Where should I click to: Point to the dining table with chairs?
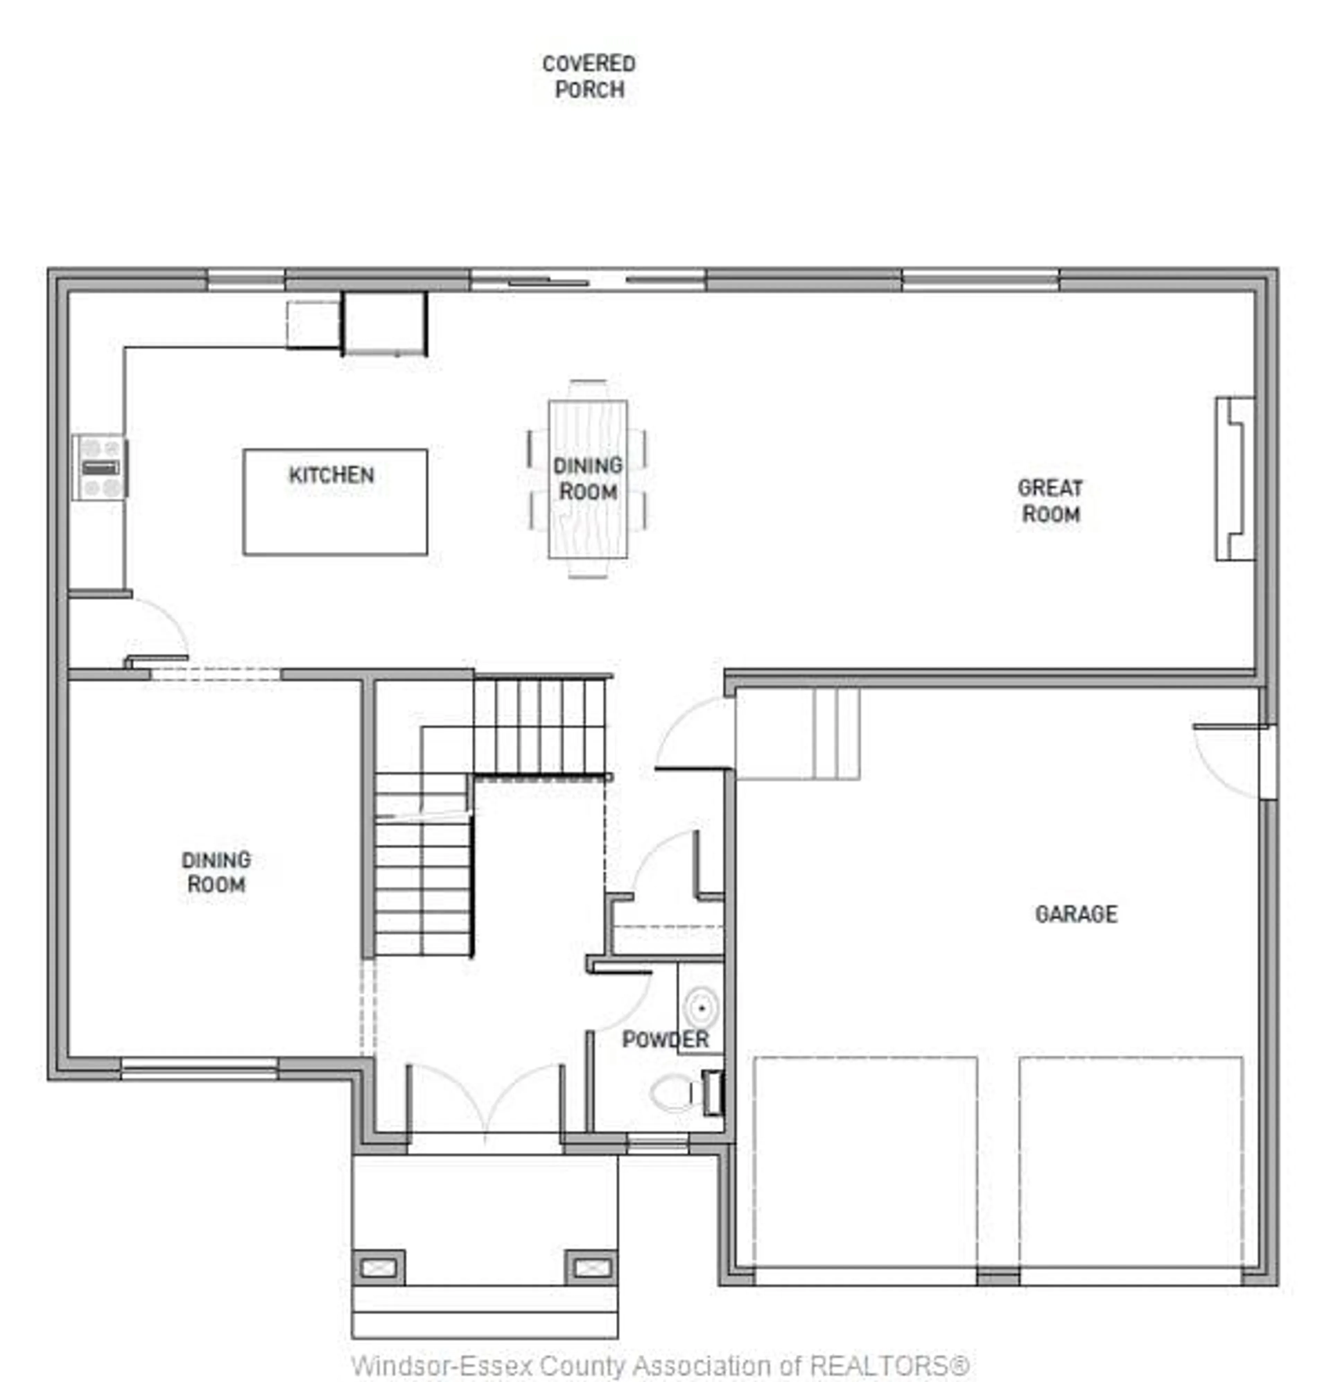tap(588, 479)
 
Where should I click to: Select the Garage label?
tap(1076, 914)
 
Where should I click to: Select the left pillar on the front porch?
tap(379, 1267)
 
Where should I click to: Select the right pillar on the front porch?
tap(591, 1267)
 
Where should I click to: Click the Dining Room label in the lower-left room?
tap(216, 872)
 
